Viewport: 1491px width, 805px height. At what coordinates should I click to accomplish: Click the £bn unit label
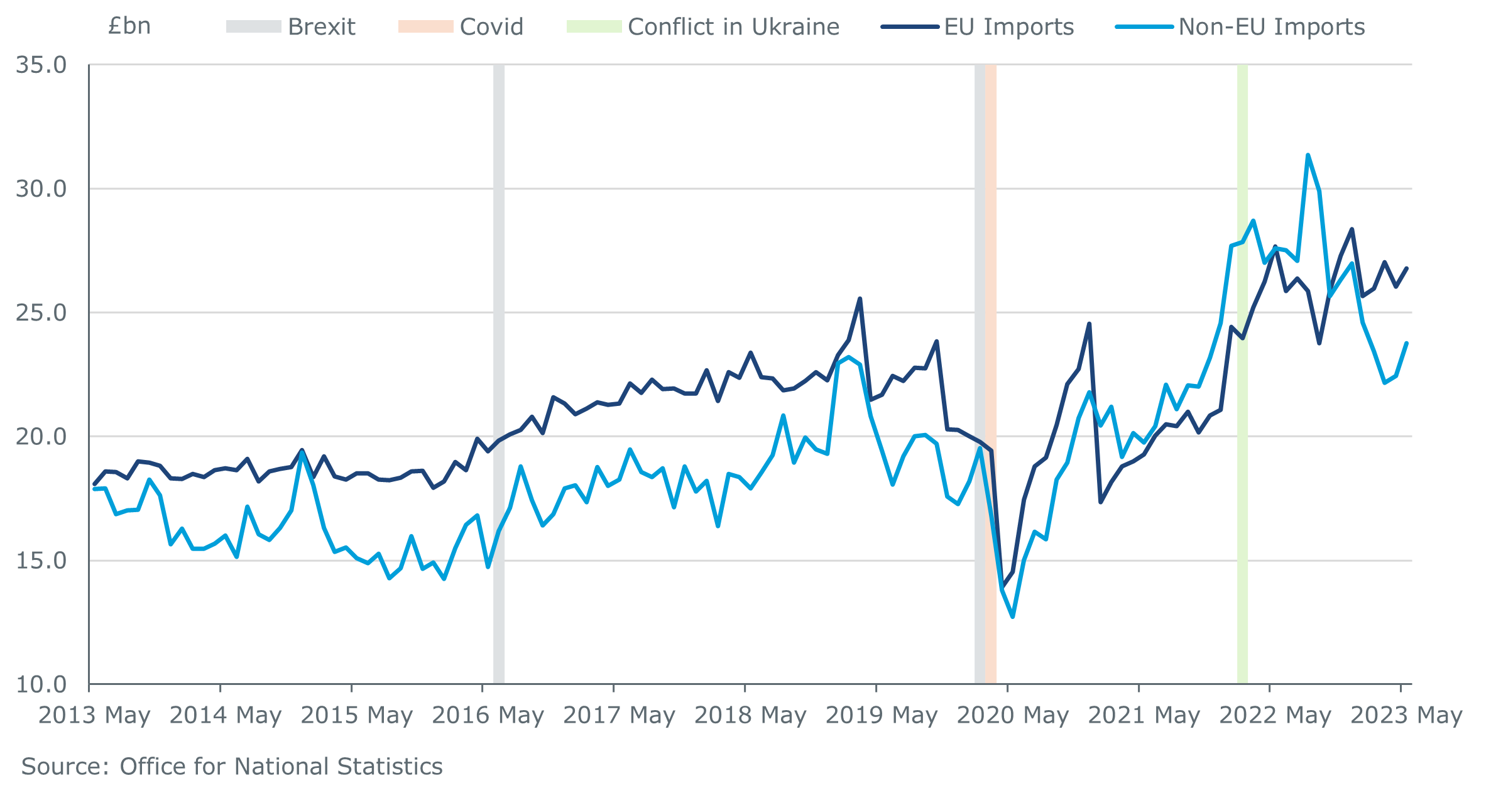click(129, 26)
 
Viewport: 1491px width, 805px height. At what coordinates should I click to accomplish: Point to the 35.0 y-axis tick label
click(41, 65)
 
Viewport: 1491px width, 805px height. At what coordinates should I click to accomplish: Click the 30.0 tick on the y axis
click(41, 189)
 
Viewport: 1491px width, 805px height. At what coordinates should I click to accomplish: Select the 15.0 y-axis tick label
click(41, 561)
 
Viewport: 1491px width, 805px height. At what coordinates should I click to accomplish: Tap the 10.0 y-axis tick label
click(41, 684)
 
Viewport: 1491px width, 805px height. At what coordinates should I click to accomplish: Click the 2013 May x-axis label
click(94, 716)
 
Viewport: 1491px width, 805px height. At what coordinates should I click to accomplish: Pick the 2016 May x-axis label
click(488, 716)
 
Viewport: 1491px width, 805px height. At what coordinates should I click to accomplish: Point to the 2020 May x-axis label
click(1012, 716)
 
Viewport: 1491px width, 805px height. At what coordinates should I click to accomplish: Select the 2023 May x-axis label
click(1406, 716)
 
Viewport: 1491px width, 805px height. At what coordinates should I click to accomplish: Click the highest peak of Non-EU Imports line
click(1308, 155)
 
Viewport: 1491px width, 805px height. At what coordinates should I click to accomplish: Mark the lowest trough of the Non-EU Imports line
click(1013, 616)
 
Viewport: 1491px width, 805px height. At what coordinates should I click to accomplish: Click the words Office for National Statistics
click(281, 767)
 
